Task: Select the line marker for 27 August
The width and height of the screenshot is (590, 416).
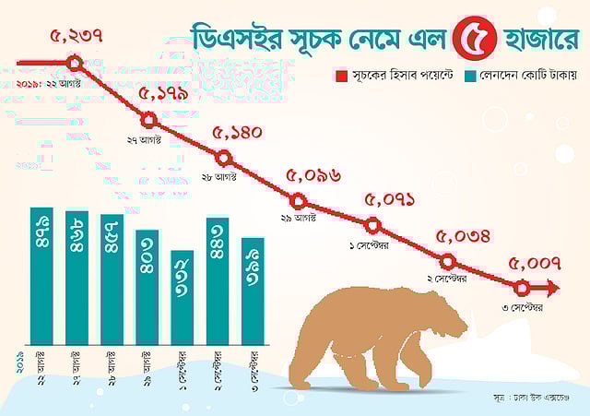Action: tap(150, 121)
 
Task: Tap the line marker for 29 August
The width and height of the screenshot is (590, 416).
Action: tap(298, 200)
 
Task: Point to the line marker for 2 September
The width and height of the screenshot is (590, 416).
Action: tap(447, 261)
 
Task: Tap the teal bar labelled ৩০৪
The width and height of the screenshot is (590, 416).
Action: tap(147, 288)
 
